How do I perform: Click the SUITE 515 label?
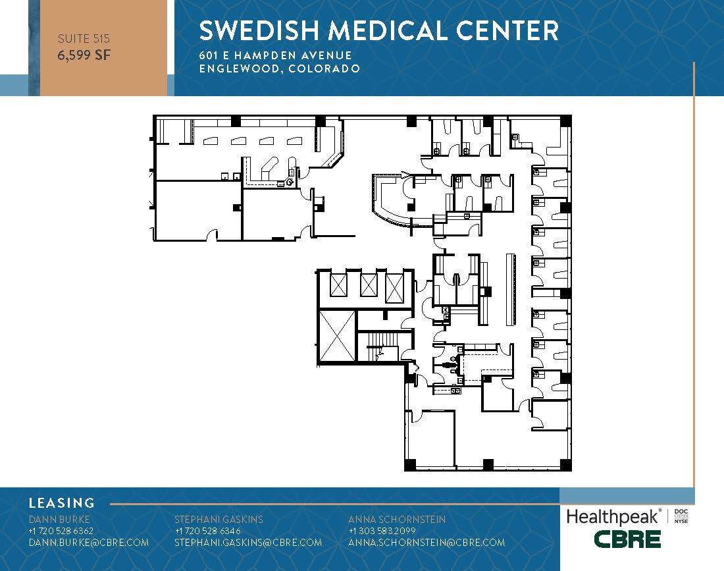point(84,39)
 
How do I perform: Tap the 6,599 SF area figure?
point(84,55)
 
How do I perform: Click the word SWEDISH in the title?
point(259,30)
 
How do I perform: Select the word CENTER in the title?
point(507,30)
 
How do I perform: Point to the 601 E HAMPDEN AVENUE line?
point(276,55)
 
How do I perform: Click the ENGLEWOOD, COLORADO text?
point(279,69)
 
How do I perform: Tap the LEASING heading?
point(62,503)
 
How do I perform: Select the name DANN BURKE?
point(59,519)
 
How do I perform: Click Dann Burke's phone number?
point(61,531)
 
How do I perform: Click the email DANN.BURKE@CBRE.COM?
point(89,543)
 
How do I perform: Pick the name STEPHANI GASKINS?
point(219,519)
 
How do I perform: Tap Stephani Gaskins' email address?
point(248,543)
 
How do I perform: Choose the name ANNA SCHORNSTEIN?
point(397,519)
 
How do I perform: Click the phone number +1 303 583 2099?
point(382,531)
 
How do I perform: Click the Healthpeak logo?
point(613,517)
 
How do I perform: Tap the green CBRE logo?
point(627,539)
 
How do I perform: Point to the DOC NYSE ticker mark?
point(681,516)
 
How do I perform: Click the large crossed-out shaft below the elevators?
point(337,336)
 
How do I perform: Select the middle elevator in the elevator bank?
point(369,286)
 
